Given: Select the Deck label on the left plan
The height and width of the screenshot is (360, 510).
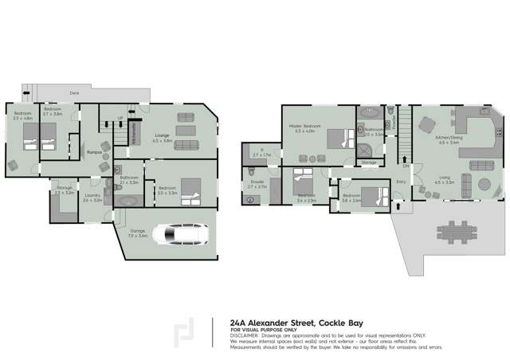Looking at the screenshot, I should [x=74, y=92].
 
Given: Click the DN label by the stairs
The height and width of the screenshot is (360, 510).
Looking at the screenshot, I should [x=406, y=166].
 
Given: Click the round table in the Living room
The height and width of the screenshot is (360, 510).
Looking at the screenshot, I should [x=484, y=186].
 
